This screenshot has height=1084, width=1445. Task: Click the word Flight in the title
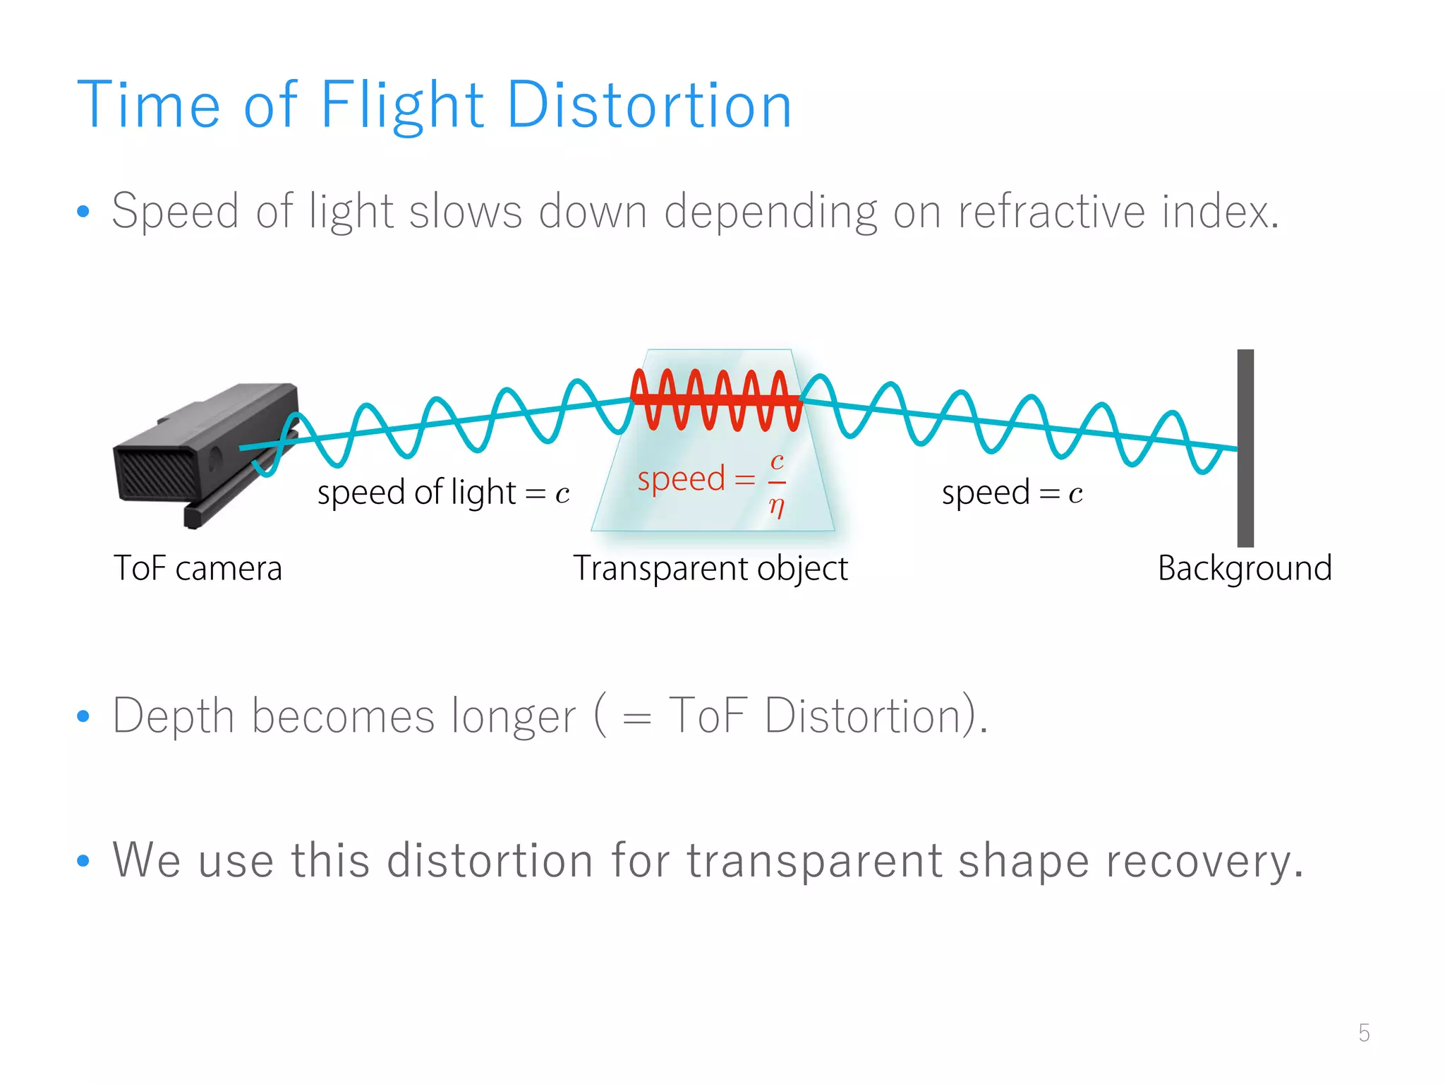[402, 106]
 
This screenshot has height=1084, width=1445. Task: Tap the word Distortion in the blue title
[649, 106]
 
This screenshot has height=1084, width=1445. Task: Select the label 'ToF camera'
[198, 569]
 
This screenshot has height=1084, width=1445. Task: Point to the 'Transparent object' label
[710, 569]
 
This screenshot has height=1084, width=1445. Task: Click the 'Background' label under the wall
[1245, 569]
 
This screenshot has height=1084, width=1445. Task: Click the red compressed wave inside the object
[716, 399]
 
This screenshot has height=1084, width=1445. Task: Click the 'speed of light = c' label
[443, 493]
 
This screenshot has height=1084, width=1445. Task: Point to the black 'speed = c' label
[1012, 493]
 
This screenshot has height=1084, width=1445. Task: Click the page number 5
[1364, 1033]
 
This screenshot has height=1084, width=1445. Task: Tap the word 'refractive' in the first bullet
[1051, 212]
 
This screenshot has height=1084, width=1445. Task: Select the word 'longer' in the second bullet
[514, 717]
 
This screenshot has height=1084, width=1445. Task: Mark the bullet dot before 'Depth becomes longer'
[83, 717]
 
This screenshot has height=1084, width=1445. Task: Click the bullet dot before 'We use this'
[83, 861]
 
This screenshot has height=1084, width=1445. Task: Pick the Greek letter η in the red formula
[777, 506]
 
